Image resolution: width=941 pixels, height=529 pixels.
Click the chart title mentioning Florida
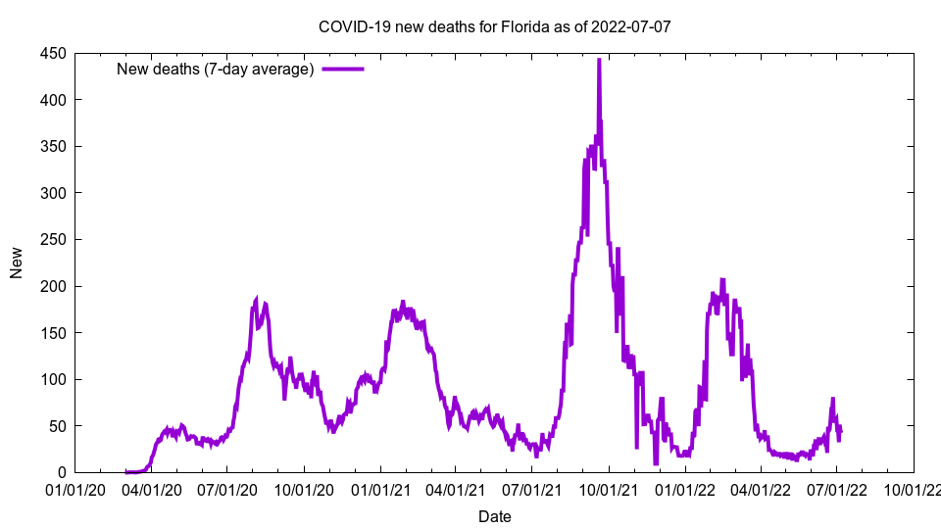[495, 26]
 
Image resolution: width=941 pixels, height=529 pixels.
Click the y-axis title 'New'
[17, 263]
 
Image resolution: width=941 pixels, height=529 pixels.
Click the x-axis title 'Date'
[495, 516]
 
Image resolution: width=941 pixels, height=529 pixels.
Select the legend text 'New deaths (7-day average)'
[215, 69]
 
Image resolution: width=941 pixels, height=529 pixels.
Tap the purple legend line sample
[343, 69]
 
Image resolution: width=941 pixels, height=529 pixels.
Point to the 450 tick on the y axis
[54, 54]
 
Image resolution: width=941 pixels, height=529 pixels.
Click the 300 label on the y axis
[54, 193]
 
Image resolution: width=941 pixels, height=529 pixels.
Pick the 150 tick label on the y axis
[54, 333]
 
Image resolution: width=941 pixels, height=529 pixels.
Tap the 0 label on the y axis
[62, 472]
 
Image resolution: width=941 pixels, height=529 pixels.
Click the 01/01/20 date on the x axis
[75, 489]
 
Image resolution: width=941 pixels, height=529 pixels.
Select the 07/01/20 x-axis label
[227, 489]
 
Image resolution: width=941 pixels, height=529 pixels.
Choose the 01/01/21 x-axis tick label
[380, 489]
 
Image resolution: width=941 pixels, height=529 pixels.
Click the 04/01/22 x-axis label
[761, 489]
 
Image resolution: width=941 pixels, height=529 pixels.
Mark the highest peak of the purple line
[599, 60]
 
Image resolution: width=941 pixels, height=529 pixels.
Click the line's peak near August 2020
[256, 299]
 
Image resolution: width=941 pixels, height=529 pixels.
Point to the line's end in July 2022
[841, 430]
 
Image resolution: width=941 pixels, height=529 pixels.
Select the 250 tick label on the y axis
[54, 240]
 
